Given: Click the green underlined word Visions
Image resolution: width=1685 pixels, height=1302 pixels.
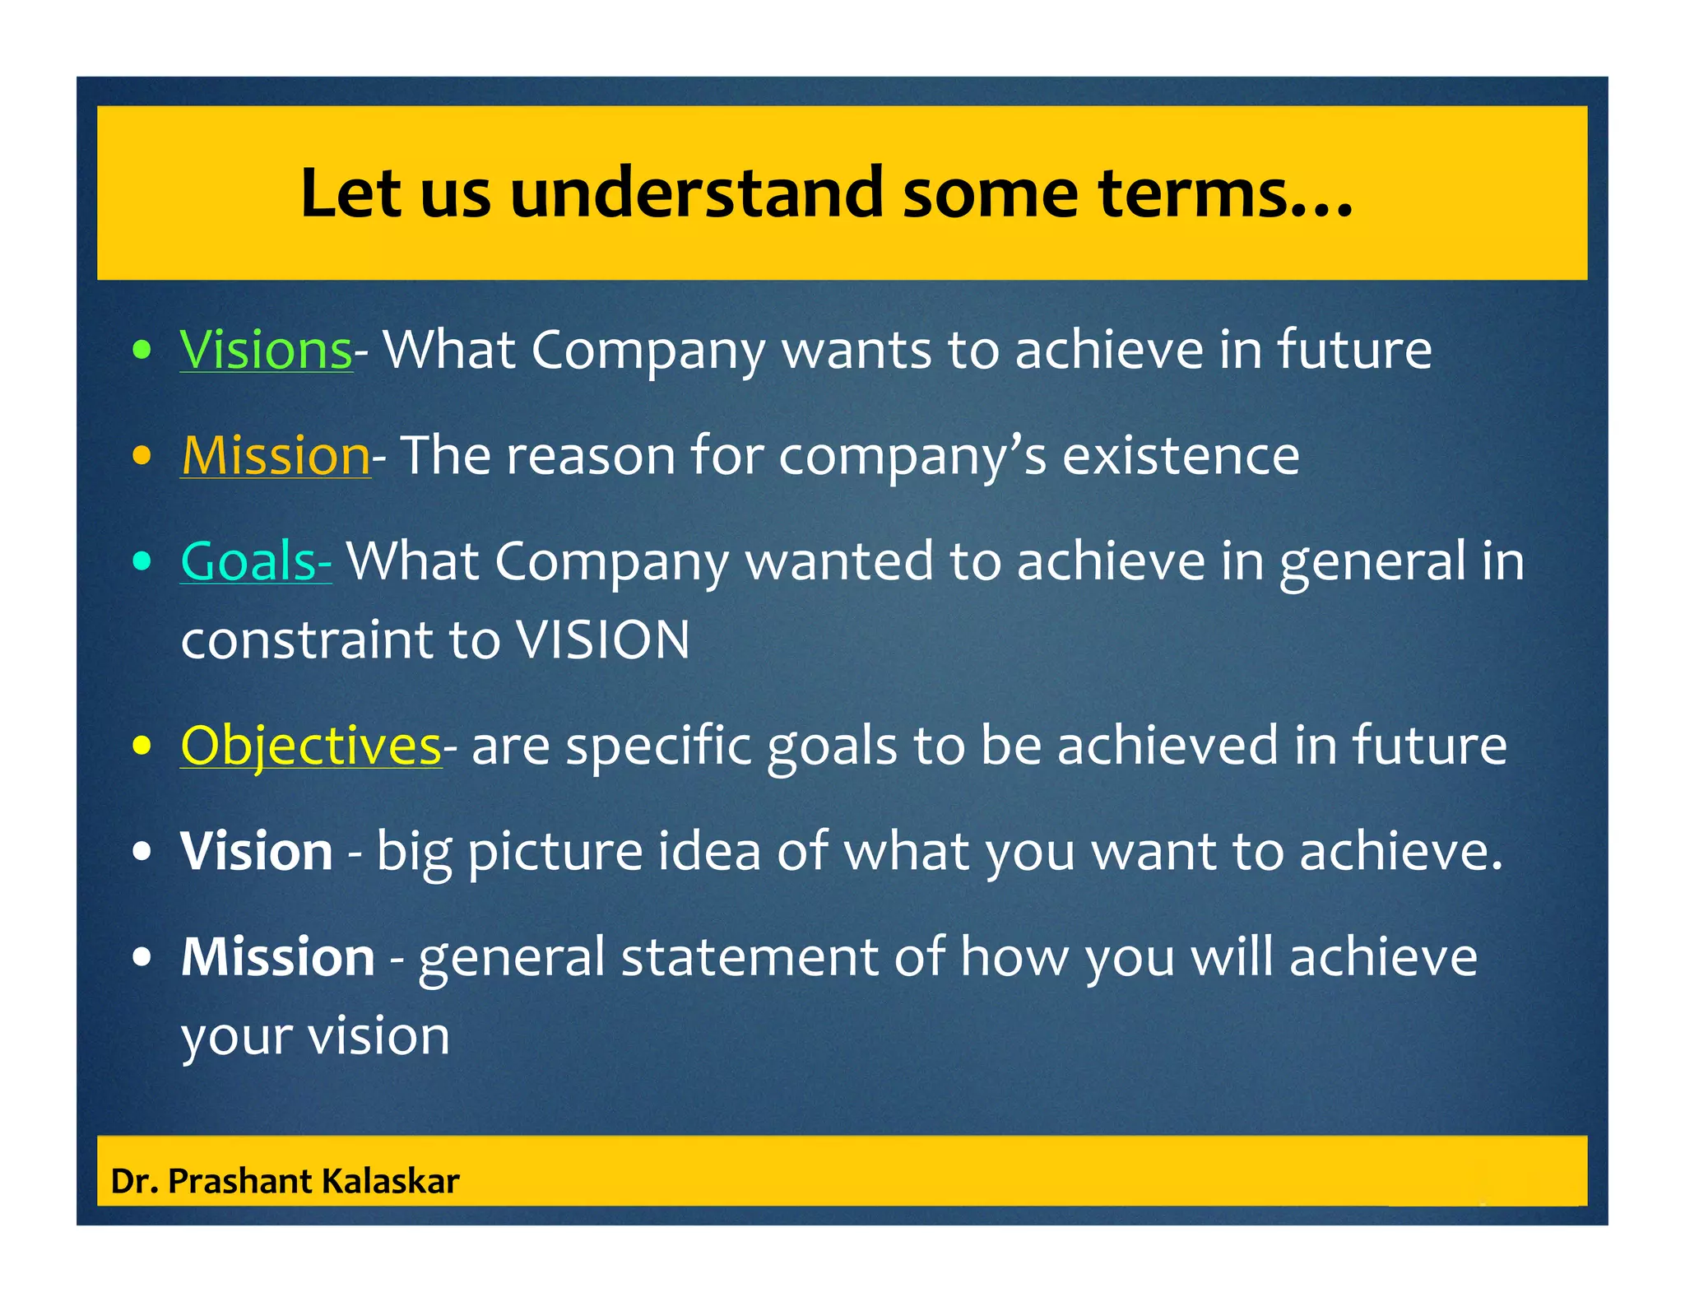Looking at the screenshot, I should tap(266, 351).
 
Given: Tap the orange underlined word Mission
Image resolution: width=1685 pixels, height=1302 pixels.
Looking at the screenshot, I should tap(276, 456).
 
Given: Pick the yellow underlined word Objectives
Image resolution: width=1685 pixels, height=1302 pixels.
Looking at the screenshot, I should tap(311, 746).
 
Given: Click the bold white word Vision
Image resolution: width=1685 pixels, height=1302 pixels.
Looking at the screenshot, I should tap(257, 851).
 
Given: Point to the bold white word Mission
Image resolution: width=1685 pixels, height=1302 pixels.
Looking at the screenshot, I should tap(278, 956).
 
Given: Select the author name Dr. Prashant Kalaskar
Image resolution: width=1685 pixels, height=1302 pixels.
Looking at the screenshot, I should tap(285, 1181).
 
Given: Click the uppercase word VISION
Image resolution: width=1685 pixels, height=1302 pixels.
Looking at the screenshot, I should tap(602, 640).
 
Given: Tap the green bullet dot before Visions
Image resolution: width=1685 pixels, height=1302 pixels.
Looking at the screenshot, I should tap(142, 351).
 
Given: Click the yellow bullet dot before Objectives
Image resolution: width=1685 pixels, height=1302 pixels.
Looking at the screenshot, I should tap(142, 746).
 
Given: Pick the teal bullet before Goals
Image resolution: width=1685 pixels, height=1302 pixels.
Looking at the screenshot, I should tap(142, 561).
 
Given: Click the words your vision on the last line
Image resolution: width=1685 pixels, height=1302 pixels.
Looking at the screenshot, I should tap(315, 1037).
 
